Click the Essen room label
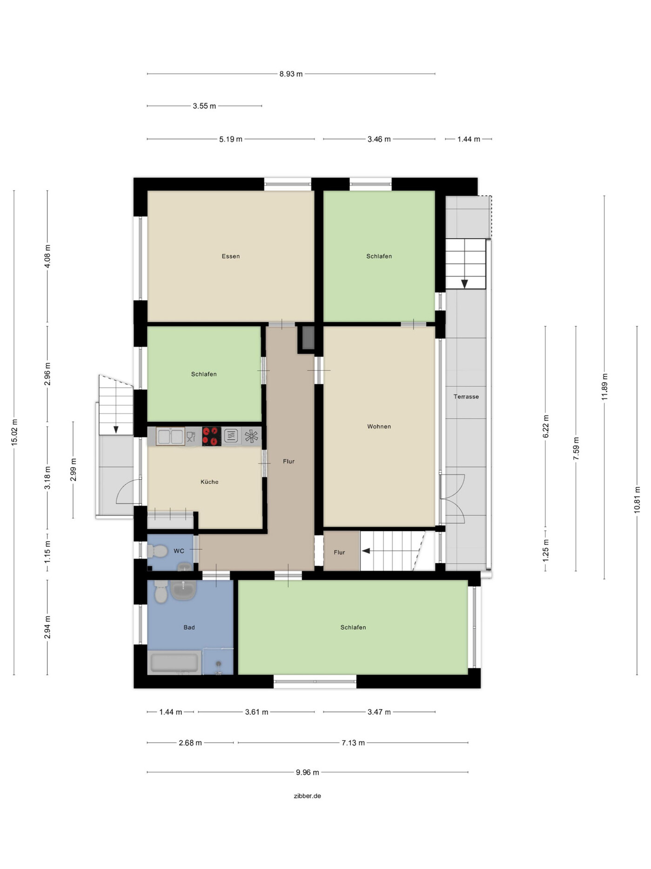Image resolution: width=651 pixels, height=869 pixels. [231, 256]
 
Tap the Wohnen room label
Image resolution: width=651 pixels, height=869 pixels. [379, 426]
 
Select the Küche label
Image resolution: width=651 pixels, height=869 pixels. [209, 482]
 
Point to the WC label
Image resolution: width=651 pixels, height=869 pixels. [179, 551]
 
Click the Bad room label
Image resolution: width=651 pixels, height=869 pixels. [189, 627]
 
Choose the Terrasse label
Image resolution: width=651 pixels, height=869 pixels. [466, 396]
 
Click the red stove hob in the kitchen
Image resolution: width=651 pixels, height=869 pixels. [211, 436]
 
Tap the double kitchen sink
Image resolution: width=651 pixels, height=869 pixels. [170, 436]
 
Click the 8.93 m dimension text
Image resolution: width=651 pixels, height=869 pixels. [291, 74]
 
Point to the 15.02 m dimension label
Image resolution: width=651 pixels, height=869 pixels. [14, 433]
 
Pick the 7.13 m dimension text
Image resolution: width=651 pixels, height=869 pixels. [353, 742]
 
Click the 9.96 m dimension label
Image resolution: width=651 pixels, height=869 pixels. [308, 772]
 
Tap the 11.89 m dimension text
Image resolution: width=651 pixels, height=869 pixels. [604, 387]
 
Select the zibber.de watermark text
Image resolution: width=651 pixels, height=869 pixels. [307, 796]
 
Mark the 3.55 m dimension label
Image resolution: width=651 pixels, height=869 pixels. [204, 106]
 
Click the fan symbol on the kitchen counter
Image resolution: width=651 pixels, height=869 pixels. [251, 436]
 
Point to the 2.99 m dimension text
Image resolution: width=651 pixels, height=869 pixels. [73, 469]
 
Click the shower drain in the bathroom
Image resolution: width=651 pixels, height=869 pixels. [218, 664]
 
